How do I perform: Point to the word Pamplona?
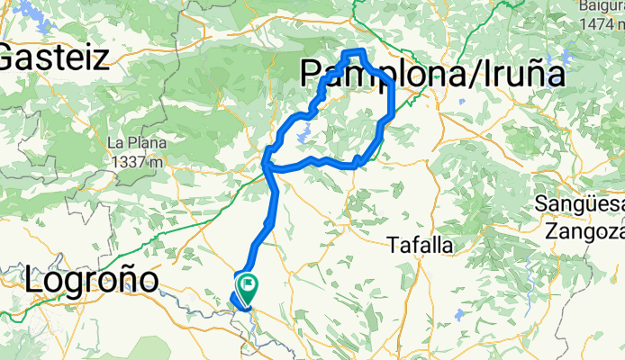366,74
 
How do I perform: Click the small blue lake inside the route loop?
303,138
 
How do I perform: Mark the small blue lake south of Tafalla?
462,315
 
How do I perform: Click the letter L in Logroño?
34,281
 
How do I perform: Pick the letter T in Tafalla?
393,244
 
